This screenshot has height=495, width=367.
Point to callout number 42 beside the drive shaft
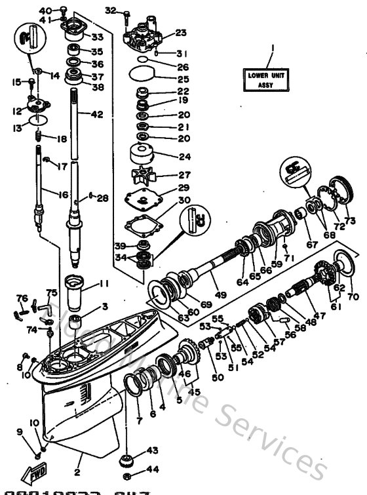click(x=96, y=114)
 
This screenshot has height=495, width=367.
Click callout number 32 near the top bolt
click(x=109, y=10)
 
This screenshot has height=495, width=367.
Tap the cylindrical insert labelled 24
click(x=142, y=155)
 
